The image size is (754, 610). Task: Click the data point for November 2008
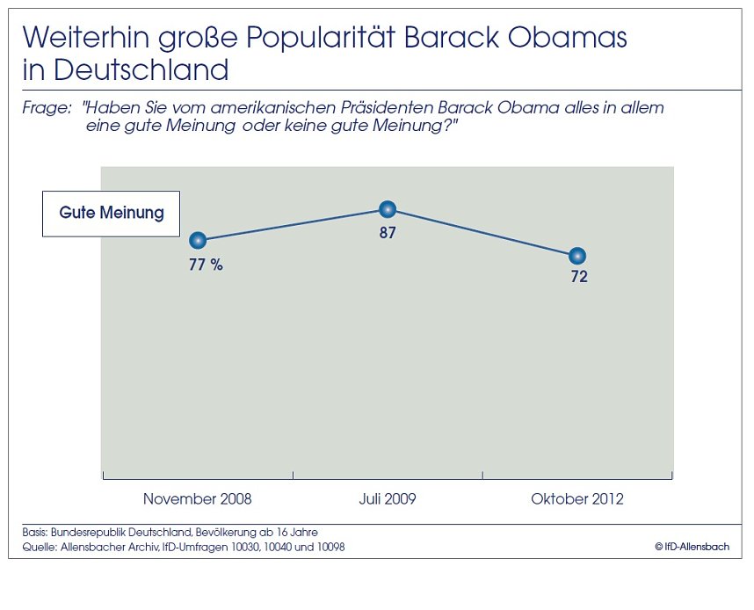[x=198, y=240]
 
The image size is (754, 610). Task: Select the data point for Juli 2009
[x=388, y=209]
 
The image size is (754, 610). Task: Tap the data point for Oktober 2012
[x=577, y=256]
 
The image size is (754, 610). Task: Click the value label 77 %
[x=206, y=265]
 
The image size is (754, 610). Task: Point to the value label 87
[x=388, y=233]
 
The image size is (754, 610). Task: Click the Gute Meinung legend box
[x=111, y=214]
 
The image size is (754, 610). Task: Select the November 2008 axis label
[x=197, y=499]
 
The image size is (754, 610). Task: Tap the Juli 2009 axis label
[x=388, y=499]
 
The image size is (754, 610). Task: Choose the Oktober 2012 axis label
[x=577, y=499]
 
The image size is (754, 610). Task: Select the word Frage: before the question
[x=46, y=108]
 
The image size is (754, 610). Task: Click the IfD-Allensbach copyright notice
[x=692, y=547]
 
